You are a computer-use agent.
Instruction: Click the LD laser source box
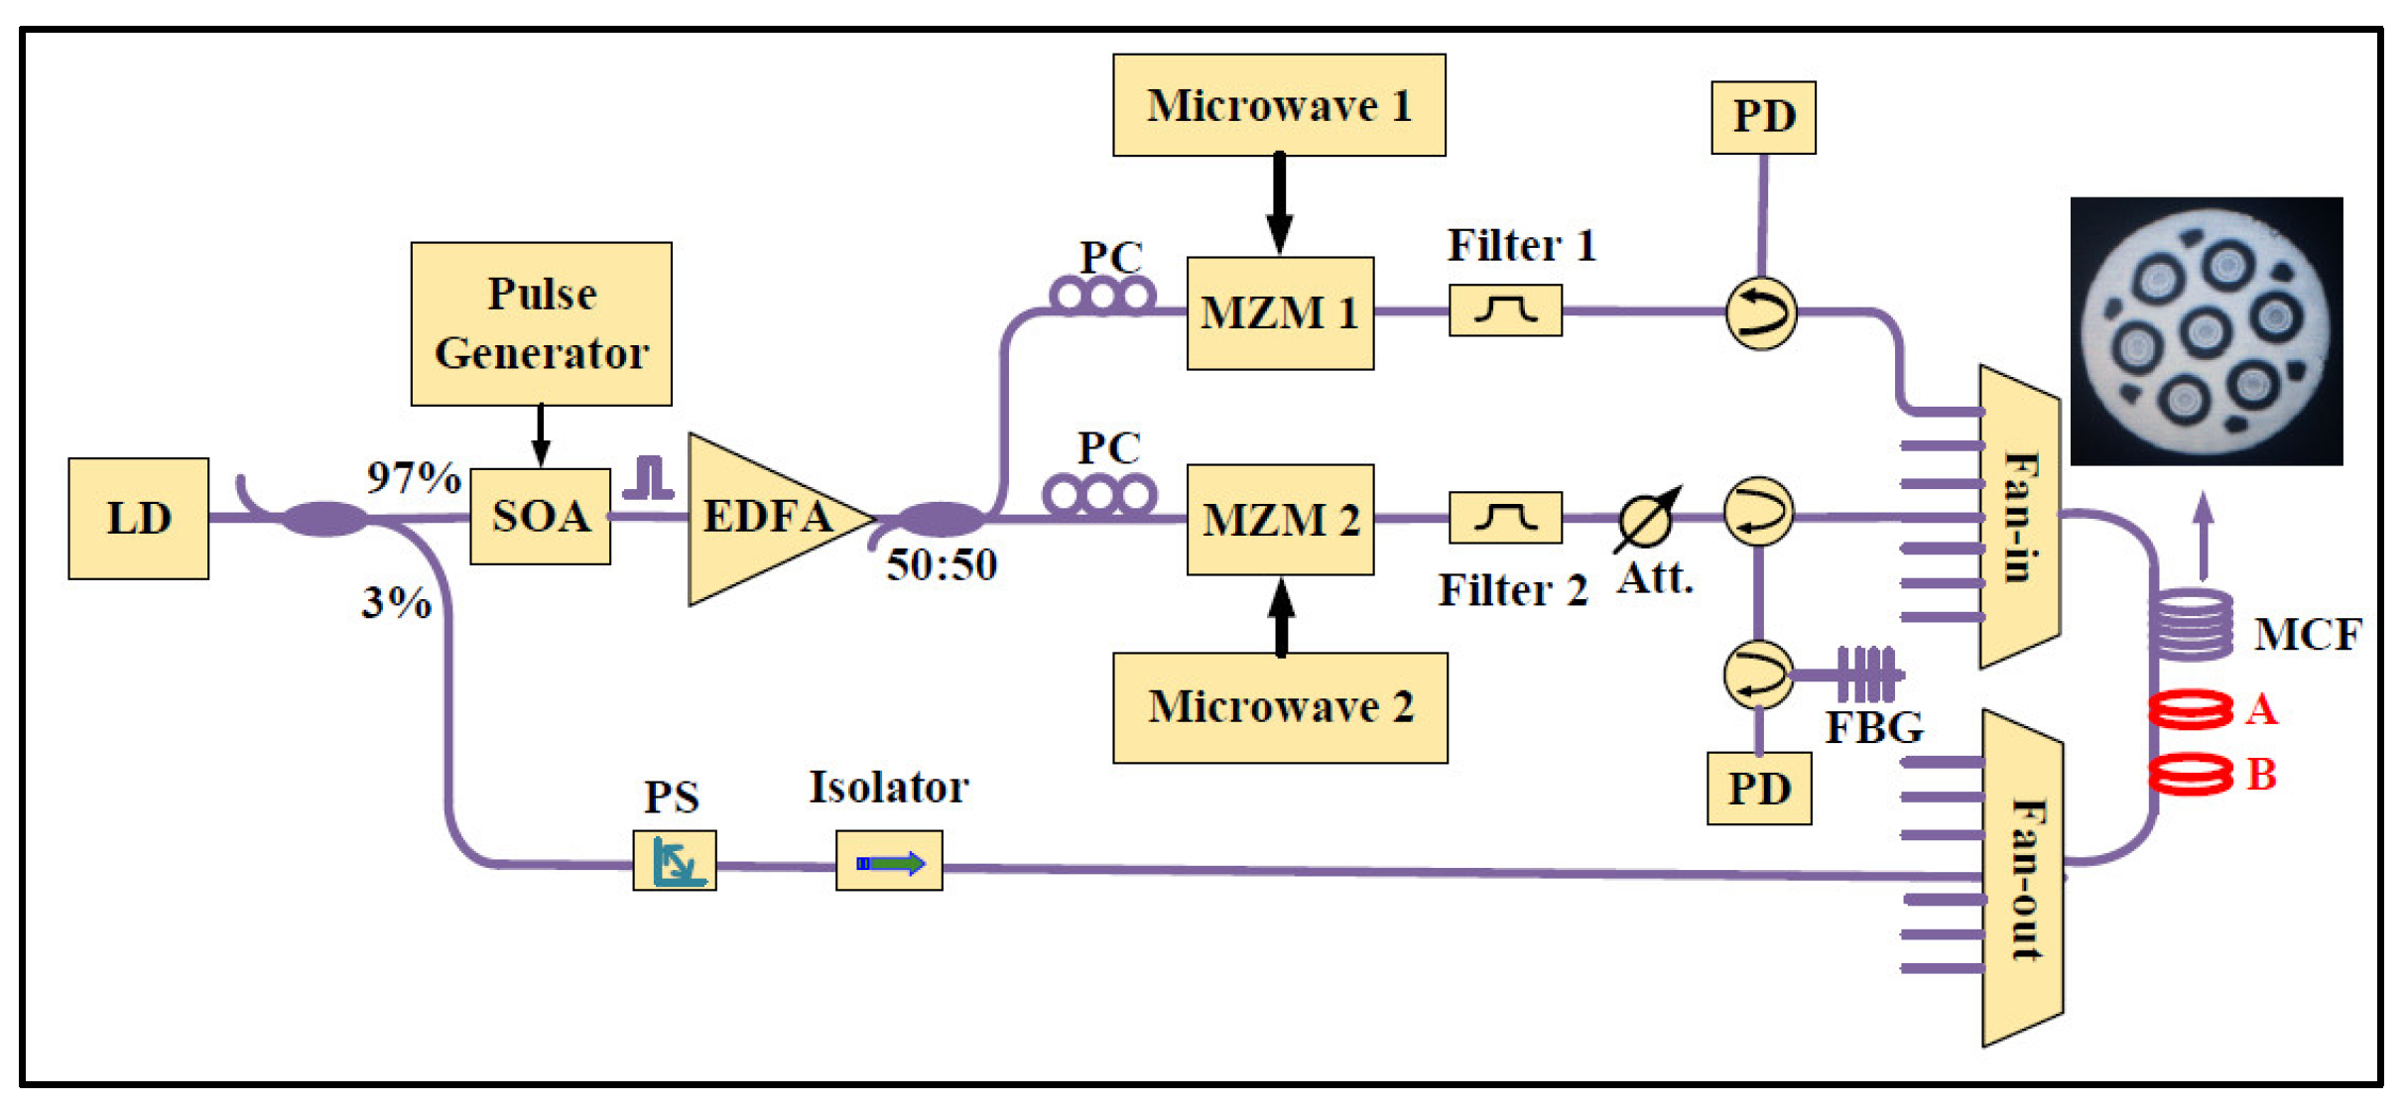[x=138, y=518]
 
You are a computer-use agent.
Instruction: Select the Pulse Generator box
[x=541, y=323]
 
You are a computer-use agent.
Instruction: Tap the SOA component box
[x=540, y=516]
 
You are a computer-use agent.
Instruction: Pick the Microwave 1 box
[x=1278, y=105]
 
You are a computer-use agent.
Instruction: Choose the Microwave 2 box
[x=1279, y=707]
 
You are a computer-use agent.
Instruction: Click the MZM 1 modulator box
[x=1280, y=313]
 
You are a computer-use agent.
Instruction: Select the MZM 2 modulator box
[x=1280, y=520]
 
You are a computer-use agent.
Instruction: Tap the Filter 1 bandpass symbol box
[x=1504, y=310]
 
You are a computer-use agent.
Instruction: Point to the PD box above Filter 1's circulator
[x=1763, y=117]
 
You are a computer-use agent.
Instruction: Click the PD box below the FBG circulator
[x=1758, y=789]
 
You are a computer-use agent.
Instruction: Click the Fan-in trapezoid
[x=2018, y=516]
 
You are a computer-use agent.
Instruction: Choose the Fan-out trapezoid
[x=2021, y=878]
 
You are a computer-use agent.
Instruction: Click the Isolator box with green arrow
[x=888, y=862]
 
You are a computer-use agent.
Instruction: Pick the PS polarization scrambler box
[x=674, y=860]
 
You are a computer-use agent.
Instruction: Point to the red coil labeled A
[x=2189, y=709]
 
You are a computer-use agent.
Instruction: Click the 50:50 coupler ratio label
[x=941, y=565]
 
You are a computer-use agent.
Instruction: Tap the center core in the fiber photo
[x=2205, y=331]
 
